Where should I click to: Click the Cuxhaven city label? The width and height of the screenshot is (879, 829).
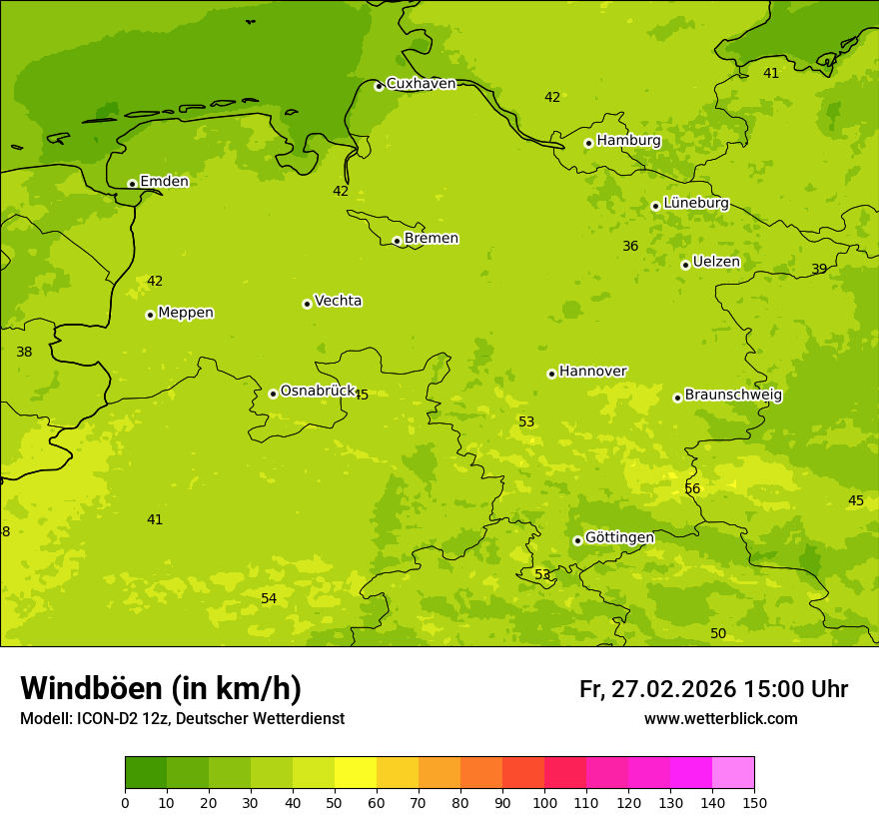(421, 84)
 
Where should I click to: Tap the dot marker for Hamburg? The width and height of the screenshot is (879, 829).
(588, 143)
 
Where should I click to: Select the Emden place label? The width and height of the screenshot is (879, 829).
(164, 182)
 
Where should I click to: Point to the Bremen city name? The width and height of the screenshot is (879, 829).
(432, 239)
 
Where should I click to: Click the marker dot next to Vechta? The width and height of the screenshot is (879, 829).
(307, 304)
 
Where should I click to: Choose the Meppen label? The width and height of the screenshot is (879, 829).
(186, 313)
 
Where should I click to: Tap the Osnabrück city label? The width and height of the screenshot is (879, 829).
(318, 392)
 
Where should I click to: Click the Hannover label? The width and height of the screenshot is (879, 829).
(592, 372)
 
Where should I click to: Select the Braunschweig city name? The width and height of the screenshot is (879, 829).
(733, 396)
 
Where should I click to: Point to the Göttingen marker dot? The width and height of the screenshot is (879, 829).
(577, 540)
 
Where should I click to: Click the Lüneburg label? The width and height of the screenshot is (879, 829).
(696, 203)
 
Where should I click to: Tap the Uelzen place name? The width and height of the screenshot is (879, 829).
(716, 263)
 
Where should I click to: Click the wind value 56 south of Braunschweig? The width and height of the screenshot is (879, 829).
(692, 488)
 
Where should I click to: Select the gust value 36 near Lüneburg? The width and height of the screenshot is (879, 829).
(630, 246)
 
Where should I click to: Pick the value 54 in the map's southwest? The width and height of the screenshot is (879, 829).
(269, 598)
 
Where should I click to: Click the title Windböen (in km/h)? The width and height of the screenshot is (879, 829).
(161, 688)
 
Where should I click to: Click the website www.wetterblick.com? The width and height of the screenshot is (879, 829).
(720, 719)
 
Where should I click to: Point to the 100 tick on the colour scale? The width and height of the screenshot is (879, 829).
(544, 802)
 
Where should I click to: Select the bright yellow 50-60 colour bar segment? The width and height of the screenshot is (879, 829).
(356, 773)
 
